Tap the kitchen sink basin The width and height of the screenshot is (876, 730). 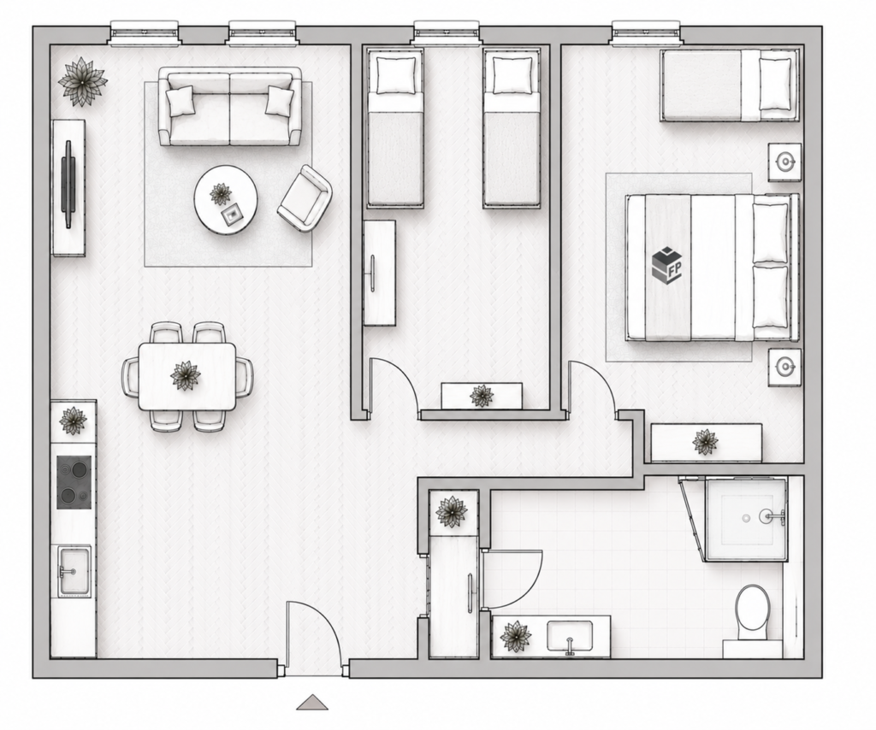click(x=75, y=572)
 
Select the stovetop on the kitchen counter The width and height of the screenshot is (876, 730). click(x=74, y=482)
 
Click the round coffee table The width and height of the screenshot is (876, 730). click(x=226, y=200)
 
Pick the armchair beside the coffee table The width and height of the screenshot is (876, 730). click(x=305, y=197)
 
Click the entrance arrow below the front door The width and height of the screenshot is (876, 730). click(x=312, y=702)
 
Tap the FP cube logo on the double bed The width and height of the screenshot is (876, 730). click(x=667, y=264)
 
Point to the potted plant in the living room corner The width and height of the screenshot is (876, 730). click(x=83, y=81)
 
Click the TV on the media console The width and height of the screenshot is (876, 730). click(x=68, y=184)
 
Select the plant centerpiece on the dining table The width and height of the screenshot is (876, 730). click(x=186, y=375)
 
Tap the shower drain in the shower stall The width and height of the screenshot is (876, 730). click(x=746, y=519)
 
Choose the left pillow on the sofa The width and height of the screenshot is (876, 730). click(x=181, y=101)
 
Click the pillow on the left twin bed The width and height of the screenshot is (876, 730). click(x=396, y=74)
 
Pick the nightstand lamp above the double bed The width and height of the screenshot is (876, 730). click(x=785, y=162)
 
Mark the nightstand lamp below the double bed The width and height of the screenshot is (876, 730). click(x=785, y=367)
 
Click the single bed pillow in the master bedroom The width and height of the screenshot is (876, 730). click(x=775, y=84)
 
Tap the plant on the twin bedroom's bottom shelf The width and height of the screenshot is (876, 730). click(x=482, y=396)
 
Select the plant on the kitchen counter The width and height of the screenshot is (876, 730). click(x=73, y=421)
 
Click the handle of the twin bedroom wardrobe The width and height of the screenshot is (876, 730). click(x=373, y=274)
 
